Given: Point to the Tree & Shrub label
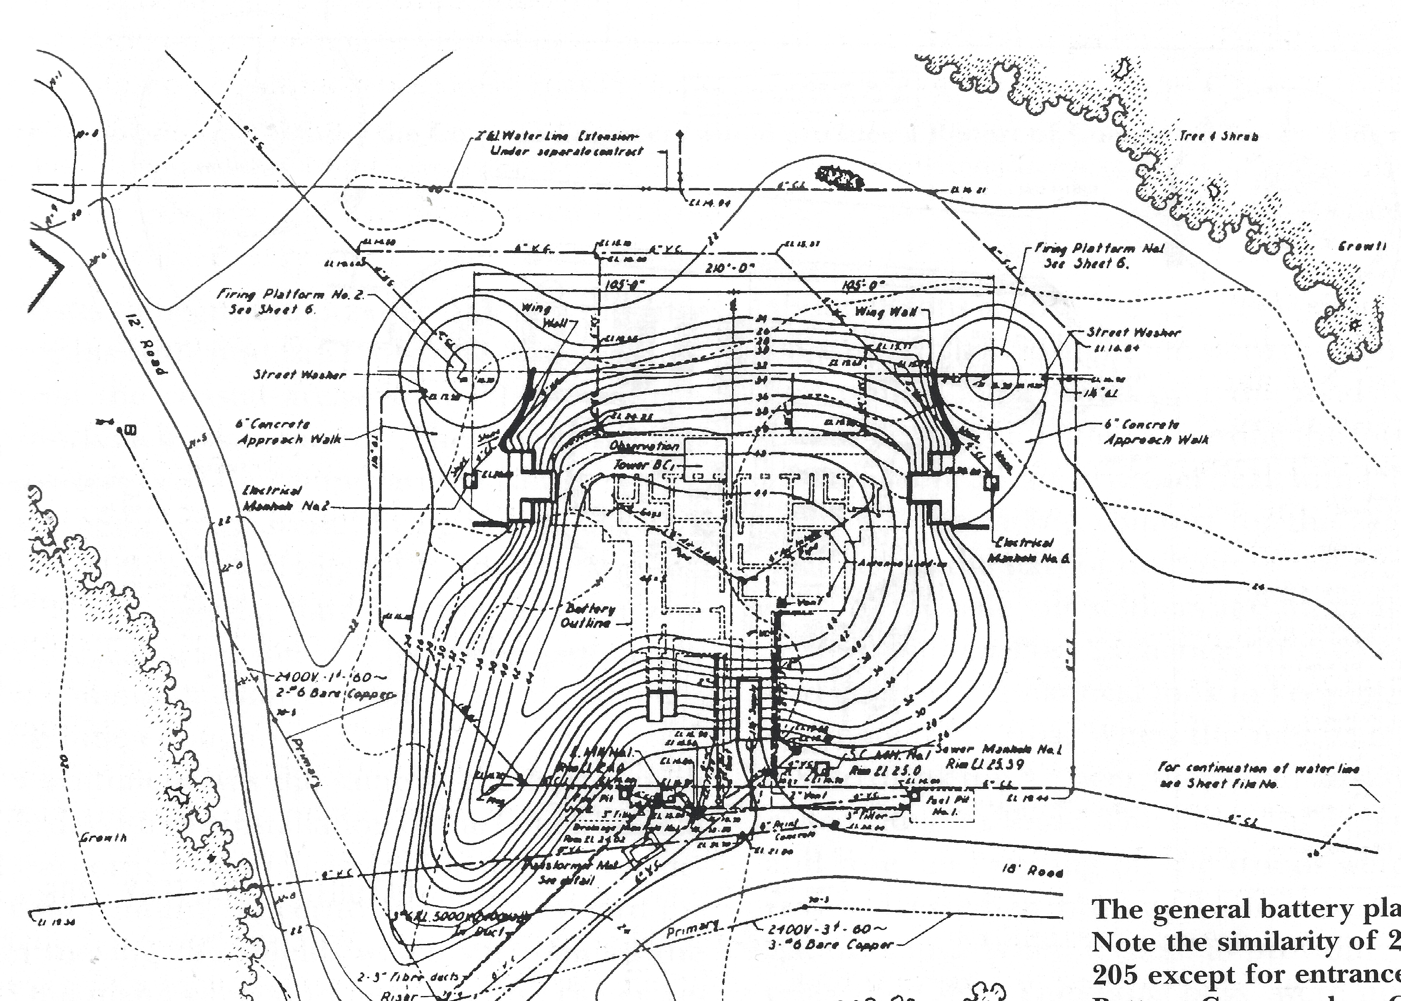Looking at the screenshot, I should [1218, 136].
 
